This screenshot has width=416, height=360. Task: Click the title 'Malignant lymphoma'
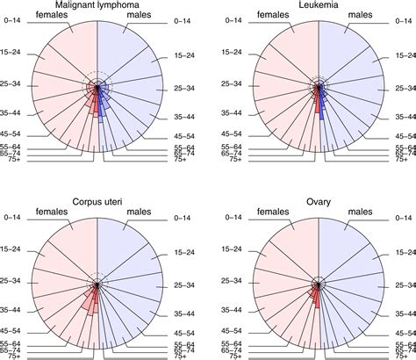pos(98,7)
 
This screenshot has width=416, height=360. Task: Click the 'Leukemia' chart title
pos(319,7)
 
